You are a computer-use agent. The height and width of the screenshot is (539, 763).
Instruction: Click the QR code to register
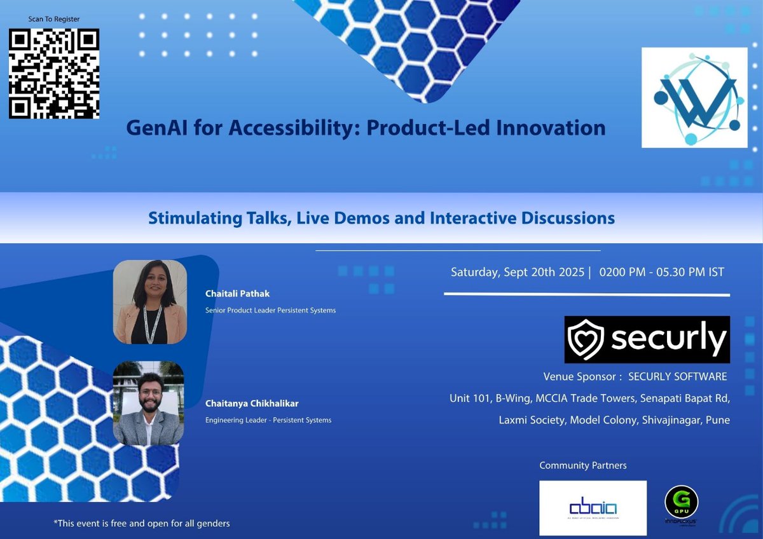[54, 73]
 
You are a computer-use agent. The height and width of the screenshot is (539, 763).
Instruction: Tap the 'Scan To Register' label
[54, 19]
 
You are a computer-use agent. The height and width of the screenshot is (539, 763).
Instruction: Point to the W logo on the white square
[694, 97]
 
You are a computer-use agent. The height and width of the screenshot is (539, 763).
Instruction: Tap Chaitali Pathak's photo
[150, 302]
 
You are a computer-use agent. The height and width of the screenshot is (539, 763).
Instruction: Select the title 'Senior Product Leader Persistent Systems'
[270, 310]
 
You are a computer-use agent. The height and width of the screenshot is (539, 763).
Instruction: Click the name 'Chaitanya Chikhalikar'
[252, 403]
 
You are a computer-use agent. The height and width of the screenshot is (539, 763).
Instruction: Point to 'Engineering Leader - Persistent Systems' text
[268, 420]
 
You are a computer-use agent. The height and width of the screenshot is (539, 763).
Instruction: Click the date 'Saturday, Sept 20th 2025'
[518, 272]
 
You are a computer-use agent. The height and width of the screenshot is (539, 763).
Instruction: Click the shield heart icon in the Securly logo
[584, 339]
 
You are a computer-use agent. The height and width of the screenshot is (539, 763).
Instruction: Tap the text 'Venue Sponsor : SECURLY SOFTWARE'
[635, 376]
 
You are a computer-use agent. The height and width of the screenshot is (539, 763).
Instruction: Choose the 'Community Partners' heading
[582, 465]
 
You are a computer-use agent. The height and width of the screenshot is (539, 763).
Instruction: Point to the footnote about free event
[141, 524]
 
